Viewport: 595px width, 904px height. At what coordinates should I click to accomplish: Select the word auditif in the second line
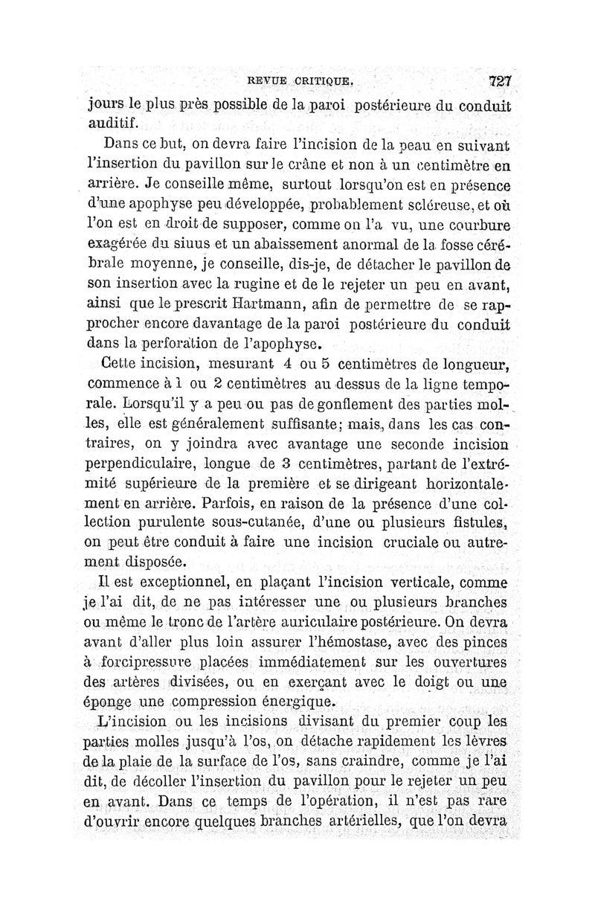113,123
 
